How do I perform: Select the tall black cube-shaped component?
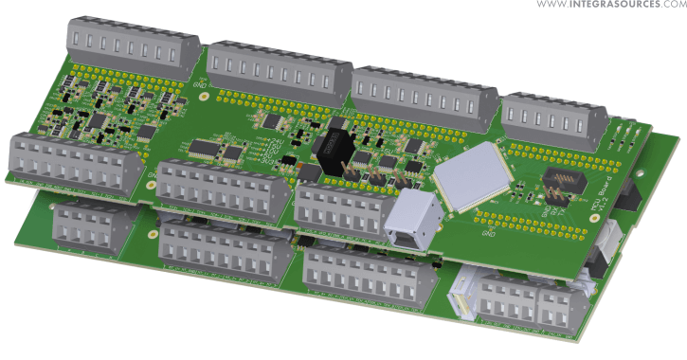tap(334, 152)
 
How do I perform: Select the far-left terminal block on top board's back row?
tap(132, 44)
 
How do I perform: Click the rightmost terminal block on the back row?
tap(555, 117)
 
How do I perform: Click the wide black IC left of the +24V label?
tap(205, 148)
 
